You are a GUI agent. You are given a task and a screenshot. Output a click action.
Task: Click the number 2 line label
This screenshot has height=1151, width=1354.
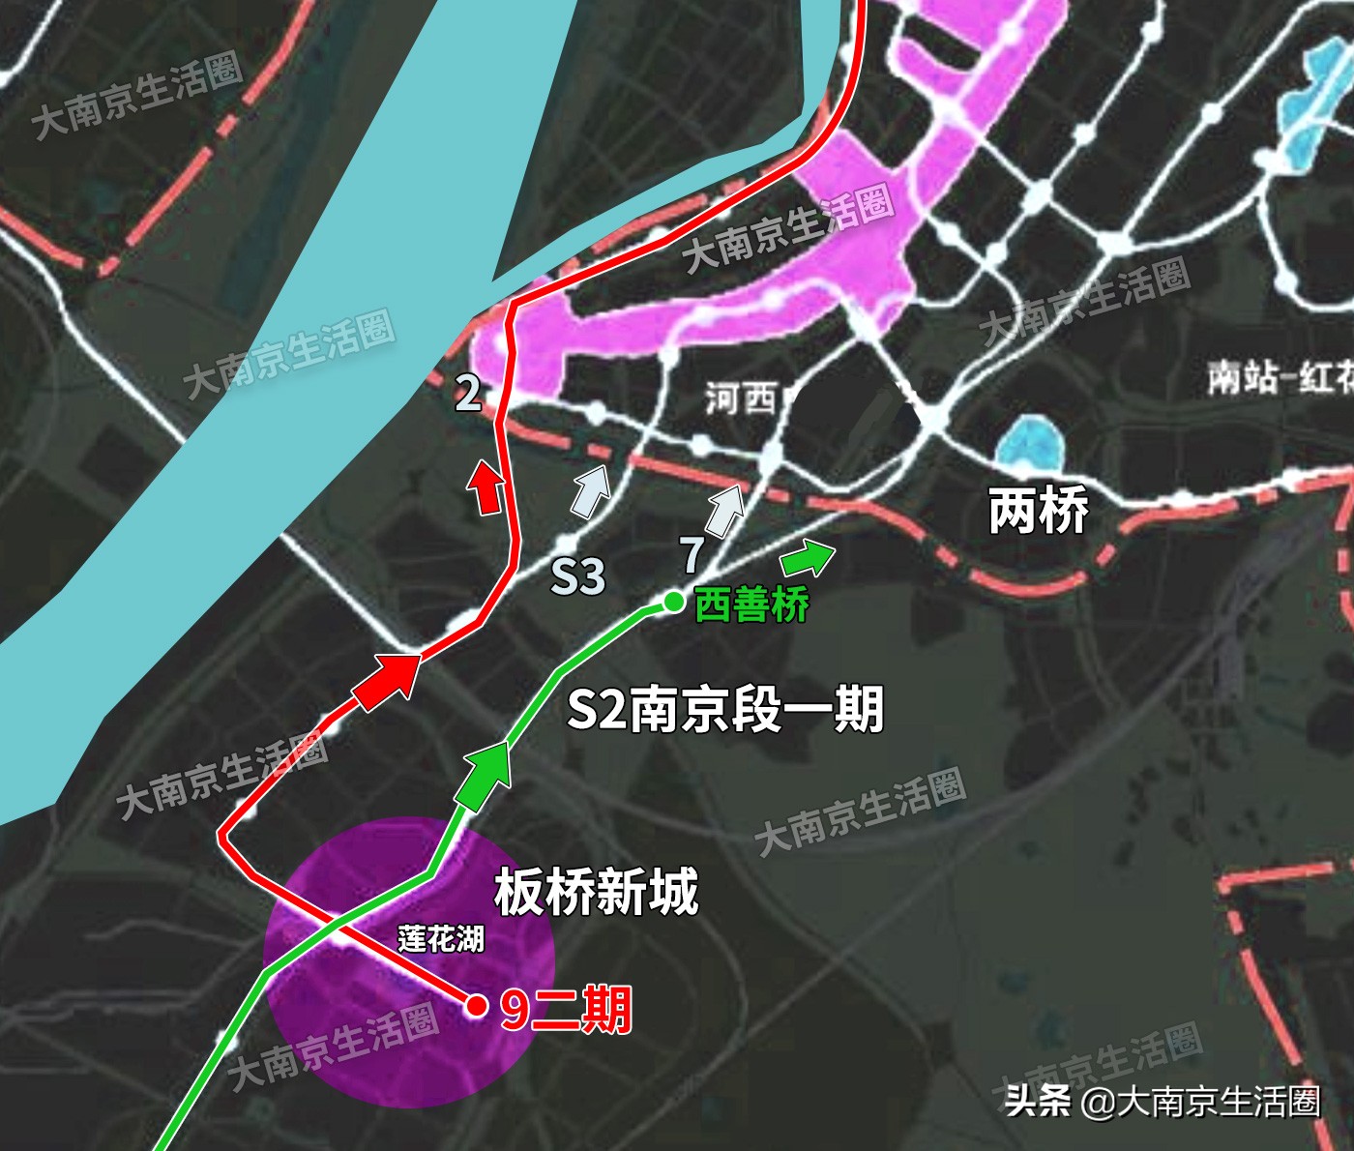[469, 392]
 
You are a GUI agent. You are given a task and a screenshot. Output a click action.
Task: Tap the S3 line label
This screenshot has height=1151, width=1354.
[577, 576]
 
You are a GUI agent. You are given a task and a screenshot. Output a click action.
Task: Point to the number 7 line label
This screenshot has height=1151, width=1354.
[692, 554]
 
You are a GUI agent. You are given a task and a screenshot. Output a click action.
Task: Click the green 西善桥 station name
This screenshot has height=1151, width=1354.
[751, 605]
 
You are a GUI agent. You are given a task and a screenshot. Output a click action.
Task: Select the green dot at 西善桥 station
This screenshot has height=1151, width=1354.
[673, 603]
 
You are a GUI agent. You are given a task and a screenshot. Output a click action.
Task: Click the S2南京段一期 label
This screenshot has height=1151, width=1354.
[724, 709]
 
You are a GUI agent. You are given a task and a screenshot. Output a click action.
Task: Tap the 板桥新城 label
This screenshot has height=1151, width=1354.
[596, 891]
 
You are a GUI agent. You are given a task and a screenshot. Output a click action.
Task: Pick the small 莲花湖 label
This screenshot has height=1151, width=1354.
[441, 938]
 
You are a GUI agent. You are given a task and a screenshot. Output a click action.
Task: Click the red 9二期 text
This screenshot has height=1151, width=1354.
[566, 1009]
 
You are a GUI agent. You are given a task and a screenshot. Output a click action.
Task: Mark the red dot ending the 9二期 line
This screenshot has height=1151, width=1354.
[476, 1006]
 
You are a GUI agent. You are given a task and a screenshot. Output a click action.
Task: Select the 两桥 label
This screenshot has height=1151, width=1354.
[1038, 510]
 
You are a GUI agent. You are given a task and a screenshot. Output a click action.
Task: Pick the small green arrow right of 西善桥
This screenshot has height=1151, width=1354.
[808, 557]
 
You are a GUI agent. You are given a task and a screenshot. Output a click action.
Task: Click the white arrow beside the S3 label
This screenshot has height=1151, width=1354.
[591, 489]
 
